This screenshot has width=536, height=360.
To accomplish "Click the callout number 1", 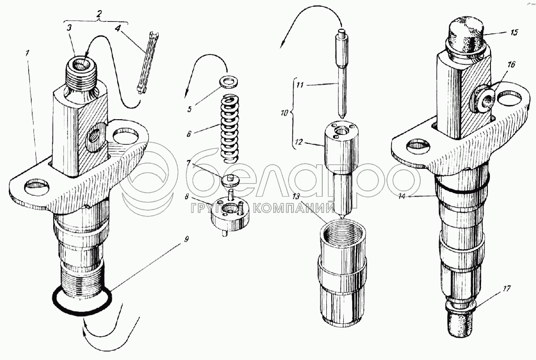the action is [x=28, y=53].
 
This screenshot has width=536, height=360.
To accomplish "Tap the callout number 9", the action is [x=186, y=239].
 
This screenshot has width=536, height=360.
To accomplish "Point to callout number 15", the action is [x=514, y=32].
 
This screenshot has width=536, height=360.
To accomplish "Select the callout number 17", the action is [x=506, y=289].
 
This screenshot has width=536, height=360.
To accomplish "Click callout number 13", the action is [x=295, y=196].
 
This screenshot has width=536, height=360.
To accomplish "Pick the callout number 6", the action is [x=189, y=134].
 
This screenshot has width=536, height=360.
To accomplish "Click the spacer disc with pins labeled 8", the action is [x=230, y=213].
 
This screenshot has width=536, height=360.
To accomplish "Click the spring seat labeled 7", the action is [x=230, y=180].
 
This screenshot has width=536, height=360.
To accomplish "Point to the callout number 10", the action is [x=284, y=113].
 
